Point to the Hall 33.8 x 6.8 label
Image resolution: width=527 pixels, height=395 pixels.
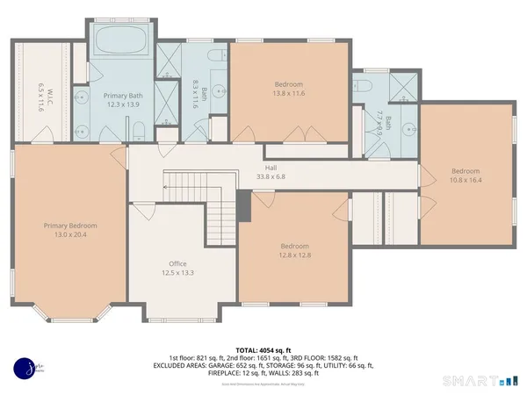point(271,172)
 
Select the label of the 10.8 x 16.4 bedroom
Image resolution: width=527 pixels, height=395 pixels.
point(466,176)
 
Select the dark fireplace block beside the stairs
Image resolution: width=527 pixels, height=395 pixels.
point(245,209)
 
